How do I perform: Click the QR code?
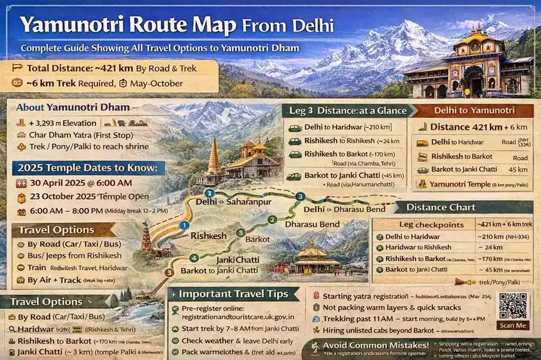pyautogui.click(x=513, y=306)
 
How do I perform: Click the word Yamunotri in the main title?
pyautogui.click(x=76, y=24)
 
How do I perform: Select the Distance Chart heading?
pyautogui.click(x=441, y=208)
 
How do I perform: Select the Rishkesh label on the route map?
pyautogui.click(x=208, y=236)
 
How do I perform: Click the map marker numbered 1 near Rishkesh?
pyautogui.click(x=184, y=225)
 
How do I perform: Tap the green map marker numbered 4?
pyautogui.click(x=194, y=258)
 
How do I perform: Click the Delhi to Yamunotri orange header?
pyautogui.click(x=474, y=110)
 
